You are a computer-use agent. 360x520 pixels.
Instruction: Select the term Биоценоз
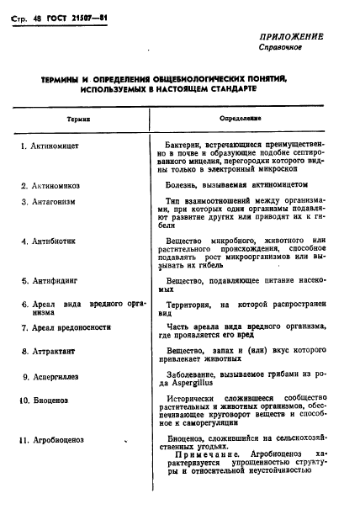point(50,399)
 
